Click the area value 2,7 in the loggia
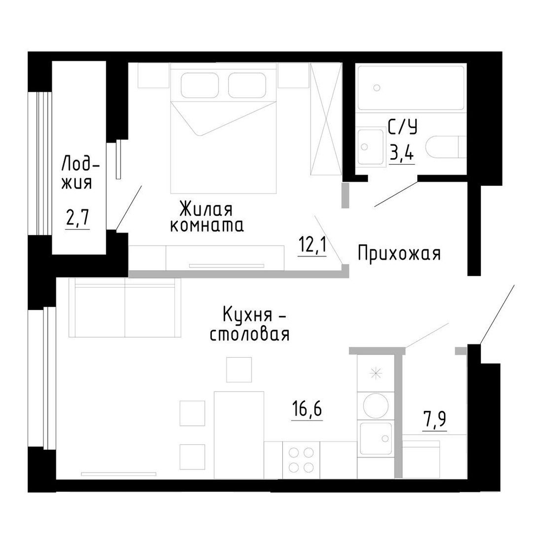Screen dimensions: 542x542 [x=78, y=217]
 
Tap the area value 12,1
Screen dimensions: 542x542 [x=312, y=244]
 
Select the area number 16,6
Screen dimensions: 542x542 [x=307, y=409]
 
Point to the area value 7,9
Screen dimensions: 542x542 [x=435, y=420]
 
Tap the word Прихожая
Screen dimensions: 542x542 [x=399, y=253]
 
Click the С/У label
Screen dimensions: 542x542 [x=403, y=127]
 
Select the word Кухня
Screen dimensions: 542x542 [x=244, y=315]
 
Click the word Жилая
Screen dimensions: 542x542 [x=206, y=209]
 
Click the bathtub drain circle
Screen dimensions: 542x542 [x=377, y=88]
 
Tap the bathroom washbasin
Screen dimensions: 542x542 [x=371, y=147]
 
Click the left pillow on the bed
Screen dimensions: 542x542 [x=200, y=85]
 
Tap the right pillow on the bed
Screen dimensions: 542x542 [x=247, y=85]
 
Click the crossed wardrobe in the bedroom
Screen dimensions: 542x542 [x=326, y=119]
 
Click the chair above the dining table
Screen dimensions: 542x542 [x=239, y=370]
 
